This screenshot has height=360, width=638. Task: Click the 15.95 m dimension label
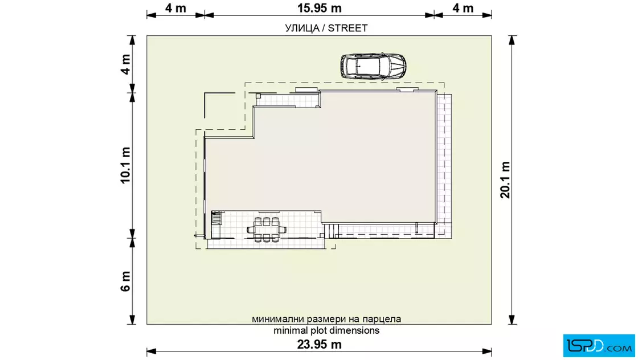320,8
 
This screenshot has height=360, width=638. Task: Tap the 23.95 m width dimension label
320,345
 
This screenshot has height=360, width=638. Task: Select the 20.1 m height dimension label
505,180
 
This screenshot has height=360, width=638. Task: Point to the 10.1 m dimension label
125,166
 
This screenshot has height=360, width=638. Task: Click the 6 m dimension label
125,281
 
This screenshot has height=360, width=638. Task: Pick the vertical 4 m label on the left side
125,64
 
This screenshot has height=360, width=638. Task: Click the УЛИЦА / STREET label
326,28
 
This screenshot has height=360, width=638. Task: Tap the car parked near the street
373,66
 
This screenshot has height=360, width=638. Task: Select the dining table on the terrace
267,230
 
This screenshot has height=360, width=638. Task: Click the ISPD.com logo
599,346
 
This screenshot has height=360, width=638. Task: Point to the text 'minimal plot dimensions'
326,330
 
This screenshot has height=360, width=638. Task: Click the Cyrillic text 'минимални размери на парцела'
326,319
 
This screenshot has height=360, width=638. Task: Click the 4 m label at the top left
176,8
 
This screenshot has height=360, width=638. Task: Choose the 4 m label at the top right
463,8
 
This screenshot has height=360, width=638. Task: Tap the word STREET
348,28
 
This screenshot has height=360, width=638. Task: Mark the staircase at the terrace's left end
216,218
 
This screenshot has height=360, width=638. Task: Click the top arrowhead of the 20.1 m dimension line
512,40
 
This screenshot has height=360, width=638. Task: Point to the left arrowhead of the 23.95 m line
152,351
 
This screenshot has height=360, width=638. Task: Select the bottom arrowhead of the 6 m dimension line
132,320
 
